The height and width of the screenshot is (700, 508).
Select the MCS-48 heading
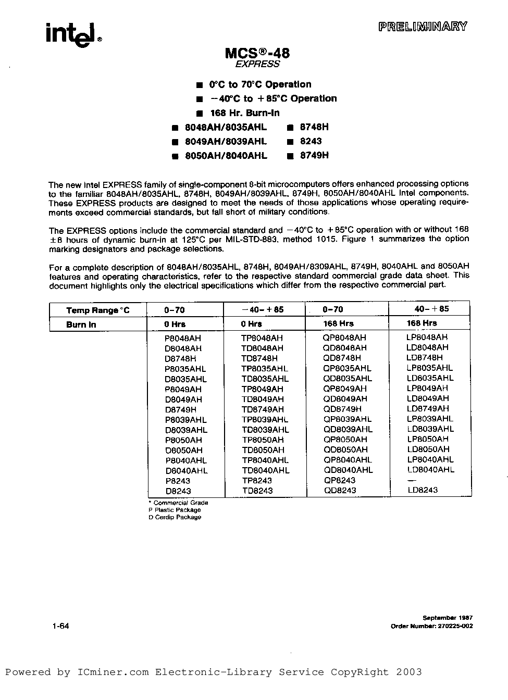point(257,53)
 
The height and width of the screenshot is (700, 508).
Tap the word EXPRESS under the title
point(257,64)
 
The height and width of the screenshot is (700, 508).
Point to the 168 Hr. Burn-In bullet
point(244,113)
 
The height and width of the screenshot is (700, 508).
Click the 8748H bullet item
point(314,127)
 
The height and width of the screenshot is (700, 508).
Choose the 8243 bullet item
point(311,141)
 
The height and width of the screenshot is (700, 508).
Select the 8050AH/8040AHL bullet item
point(226,155)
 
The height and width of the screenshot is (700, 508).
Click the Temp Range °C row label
point(98,310)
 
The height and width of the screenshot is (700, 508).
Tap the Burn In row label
point(81,324)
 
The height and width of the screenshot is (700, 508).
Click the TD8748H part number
point(259,358)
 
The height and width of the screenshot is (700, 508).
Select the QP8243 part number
point(339,480)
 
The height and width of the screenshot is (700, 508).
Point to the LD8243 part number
point(422,490)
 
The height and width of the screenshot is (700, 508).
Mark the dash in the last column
point(411,480)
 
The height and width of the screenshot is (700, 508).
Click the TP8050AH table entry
point(263,440)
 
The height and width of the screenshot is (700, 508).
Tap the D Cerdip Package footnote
point(175,517)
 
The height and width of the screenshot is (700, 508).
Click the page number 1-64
point(60,626)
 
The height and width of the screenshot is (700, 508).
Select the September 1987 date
point(448,617)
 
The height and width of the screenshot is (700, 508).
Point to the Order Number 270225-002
point(431,626)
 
